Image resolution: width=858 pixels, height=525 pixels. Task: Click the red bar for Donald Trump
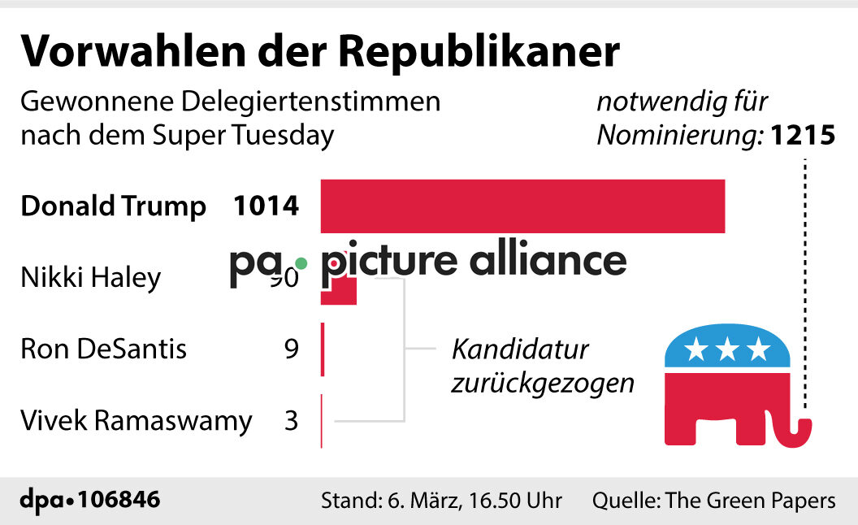click(522, 206)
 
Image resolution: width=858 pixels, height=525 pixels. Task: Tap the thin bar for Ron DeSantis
click(323, 349)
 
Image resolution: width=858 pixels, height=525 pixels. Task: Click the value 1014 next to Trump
click(266, 206)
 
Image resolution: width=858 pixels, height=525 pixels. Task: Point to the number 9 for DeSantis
click(291, 349)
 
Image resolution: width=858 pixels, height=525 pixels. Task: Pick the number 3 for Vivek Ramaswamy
click(291, 421)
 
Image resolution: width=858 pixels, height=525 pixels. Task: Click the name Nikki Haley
click(91, 279)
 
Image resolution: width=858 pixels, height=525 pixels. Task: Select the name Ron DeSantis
click(103, 349)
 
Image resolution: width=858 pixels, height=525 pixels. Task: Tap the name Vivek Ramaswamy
click(136, 421)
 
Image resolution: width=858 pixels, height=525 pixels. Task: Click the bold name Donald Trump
click(113, 206)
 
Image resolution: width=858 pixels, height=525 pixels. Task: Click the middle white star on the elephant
click(728, 350)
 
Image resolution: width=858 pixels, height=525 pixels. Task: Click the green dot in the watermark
click(301, 263)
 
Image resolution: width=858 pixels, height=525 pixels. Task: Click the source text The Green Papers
click(750, 500)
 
